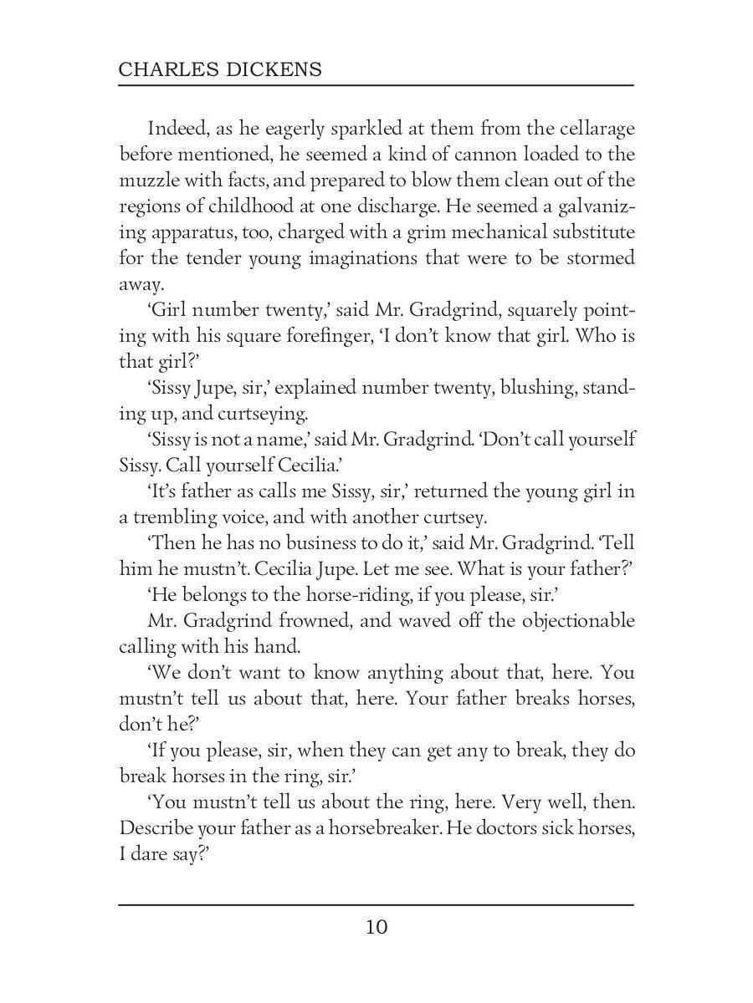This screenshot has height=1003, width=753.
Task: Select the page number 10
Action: point(376,927)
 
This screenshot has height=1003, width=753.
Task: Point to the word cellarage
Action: point(590,129)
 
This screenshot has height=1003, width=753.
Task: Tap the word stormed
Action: point(600,258)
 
